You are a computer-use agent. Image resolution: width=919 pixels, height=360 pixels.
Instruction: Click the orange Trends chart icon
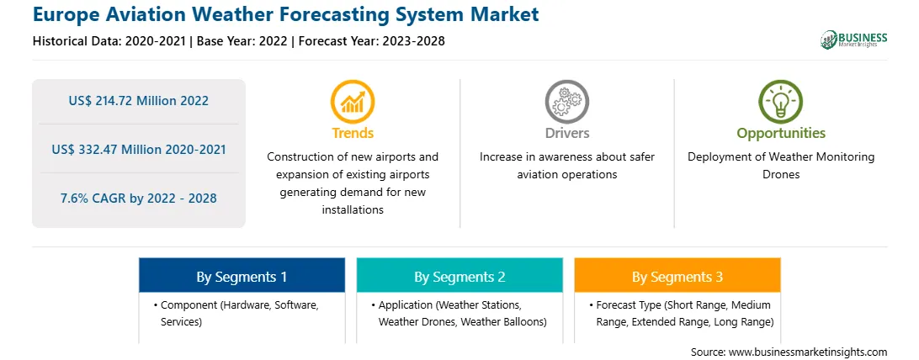click(353, 101)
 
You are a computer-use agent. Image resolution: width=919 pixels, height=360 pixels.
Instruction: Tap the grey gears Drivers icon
click(566, 101)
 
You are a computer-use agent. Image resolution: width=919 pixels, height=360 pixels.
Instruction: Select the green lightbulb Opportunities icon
click(781, 101)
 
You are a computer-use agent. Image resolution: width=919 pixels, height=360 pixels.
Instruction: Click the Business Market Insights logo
click(854, 40)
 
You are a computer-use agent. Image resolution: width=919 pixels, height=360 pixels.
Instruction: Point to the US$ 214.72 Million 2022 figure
click(138, 101)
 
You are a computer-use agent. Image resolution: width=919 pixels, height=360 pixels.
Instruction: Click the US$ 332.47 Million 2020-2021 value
click(138, 149)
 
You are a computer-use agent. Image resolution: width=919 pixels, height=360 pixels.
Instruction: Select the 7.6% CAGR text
click(138, 199)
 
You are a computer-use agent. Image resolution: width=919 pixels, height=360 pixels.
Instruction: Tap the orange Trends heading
click(353, 133)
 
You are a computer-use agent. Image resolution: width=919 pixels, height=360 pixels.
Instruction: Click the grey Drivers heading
click(566, 133)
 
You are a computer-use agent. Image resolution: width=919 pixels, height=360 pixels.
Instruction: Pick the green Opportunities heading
click(781, 134)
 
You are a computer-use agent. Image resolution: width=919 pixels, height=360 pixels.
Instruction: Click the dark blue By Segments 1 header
click(242, 275)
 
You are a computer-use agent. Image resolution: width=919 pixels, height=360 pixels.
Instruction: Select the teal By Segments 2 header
click(459, 275)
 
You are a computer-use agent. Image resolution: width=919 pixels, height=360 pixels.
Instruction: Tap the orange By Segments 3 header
click(677, 275)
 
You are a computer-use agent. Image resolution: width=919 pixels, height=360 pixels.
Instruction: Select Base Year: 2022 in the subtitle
click(242, 41)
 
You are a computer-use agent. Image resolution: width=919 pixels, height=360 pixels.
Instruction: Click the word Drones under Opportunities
click(781, 175)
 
